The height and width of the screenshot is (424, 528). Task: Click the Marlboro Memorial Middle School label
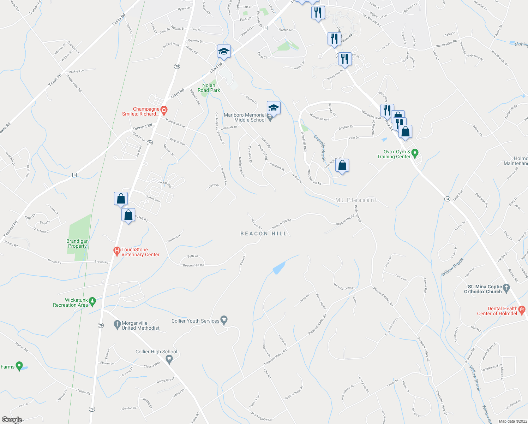point(245,117)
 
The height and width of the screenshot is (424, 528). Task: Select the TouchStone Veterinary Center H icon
point(117,252)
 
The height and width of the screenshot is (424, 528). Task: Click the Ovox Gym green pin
point(415,153)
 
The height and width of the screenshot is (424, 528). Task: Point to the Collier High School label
point(156,352)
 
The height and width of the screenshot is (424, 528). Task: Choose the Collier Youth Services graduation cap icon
point(224,320)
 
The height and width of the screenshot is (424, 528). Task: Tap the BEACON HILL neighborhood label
point(264,234)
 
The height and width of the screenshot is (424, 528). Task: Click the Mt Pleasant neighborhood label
point(356,200)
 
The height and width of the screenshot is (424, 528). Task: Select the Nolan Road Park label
point(209,88)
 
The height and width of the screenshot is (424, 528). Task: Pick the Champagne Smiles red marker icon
point(163,109)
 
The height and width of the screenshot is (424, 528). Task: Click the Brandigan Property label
point(78,243)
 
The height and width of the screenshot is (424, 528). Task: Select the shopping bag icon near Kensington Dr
point(342,166)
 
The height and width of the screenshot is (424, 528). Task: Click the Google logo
point(12,420)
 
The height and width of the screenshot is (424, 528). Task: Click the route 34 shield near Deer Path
point(447,199)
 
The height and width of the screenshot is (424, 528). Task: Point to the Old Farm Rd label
point(256,223)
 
